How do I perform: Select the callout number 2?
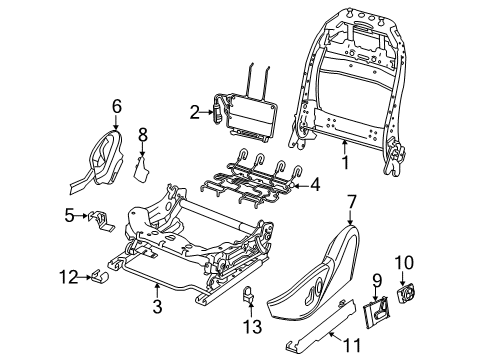[194, 114]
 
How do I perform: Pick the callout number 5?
[69, 214]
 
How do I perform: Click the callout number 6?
[116, 104]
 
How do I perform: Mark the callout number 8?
[142, 134]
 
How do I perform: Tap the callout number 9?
[378, 279]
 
